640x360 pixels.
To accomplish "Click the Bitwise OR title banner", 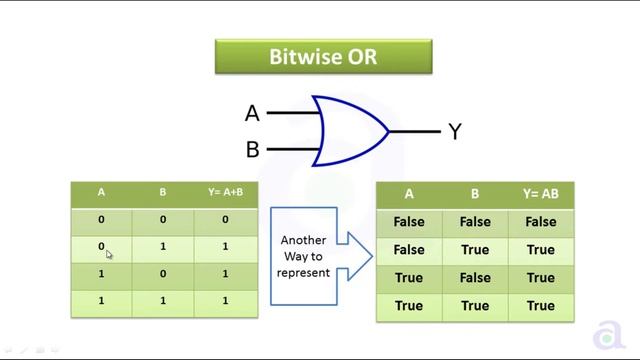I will [x=323, y=56].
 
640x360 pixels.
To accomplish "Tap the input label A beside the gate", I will [x=252, y=113].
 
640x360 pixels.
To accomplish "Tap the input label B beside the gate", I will [x=252, y=150].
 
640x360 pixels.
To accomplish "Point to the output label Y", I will [x=454, y=131].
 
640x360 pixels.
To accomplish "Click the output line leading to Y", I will [x=414, y=131].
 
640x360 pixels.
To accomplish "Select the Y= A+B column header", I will [x=226, y=193].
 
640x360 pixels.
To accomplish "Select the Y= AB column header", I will [x=540, y=194].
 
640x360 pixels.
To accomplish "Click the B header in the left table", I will [x=163, y=193].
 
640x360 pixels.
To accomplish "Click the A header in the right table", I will [x=409, y=194].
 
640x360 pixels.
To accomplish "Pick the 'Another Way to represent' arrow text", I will [x=303, y=256].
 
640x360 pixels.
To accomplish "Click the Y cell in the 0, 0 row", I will [x=226, y=219].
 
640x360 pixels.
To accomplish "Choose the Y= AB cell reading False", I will [x=540, y=222].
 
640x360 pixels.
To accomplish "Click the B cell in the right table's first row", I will [x=475, y=222].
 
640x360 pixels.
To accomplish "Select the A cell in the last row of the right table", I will [x=409, y=306].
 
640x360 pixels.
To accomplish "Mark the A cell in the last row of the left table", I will [x=101, y=301].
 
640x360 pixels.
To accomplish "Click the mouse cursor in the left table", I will [x=109, y=254].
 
